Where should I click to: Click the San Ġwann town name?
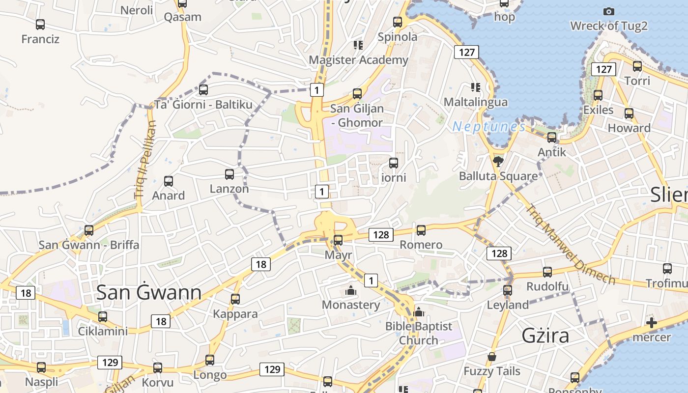coord(148,293)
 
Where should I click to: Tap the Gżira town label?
coord(545,336)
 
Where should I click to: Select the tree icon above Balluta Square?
coord(498,161)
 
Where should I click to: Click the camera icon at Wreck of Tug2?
coord(608,11)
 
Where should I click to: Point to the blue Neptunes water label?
coord(488,127)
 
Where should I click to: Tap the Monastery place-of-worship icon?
coord(350,290)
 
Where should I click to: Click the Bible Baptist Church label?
coord(418,333)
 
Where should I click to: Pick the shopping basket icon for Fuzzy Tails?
coord(491,357)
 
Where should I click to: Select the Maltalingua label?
coord(475,102)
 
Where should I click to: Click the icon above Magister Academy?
coord(358,45)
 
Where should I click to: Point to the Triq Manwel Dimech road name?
coord(570,244)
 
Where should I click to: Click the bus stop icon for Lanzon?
coord(229,174)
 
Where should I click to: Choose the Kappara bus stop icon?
coord(235,299)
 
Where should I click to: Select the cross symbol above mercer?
coord(651,323)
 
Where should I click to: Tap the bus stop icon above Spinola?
coord(398,22)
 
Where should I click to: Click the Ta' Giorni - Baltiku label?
coord(203,105)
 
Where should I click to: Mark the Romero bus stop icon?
coord(421,230)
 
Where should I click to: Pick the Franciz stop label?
coord(40,39)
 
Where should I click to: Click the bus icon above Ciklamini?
coord(103,316)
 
